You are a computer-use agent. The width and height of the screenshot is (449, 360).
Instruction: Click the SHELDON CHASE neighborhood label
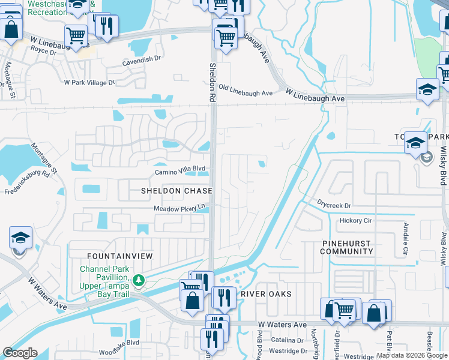(176, 191)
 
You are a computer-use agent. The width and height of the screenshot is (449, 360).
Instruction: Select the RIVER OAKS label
(266, 294)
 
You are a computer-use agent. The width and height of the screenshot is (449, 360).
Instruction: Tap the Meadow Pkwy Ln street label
(180, 208)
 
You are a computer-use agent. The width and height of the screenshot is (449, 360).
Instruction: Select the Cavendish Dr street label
(142, 59)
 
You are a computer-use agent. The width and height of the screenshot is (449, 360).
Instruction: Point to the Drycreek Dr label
(334, 205)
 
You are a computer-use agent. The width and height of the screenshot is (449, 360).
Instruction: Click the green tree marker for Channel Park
(139, 280)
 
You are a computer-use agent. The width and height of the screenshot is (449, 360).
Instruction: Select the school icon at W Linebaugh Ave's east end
(427, 90)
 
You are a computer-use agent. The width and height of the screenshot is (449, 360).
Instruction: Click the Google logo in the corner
(19, 353)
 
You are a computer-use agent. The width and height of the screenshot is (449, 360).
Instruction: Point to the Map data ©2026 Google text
(412, 355)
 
